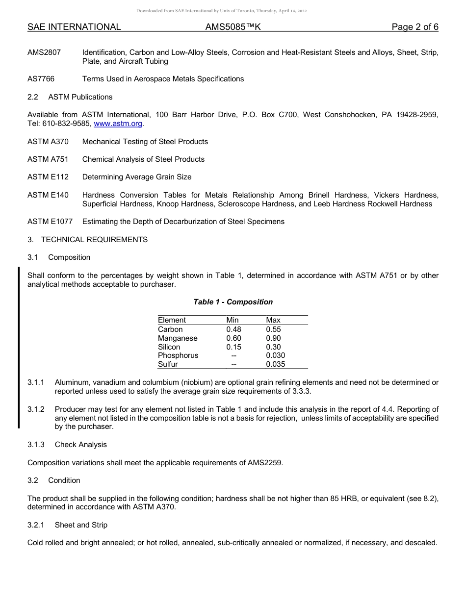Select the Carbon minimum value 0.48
pos(233,329)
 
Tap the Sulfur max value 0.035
pos(275,364)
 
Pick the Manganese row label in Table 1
pos(178,338)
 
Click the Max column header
pos(273,320)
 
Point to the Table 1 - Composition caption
pos(233,302)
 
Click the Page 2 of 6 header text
pos(414,27)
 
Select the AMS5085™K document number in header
pos(233,27)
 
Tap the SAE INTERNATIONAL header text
pos(74,27)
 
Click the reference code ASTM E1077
pos(50,222)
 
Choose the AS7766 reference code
pos(40,79)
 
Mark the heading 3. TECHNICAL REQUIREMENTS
pos(87,240)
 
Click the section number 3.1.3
pos(36,445)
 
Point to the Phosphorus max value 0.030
pos(275,355)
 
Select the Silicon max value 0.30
pos(273,347)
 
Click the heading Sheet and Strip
pos(81,525)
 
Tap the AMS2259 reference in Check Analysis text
pos(265,463)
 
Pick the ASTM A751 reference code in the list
pos(48,159)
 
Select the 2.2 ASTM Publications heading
pos(70,97)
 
